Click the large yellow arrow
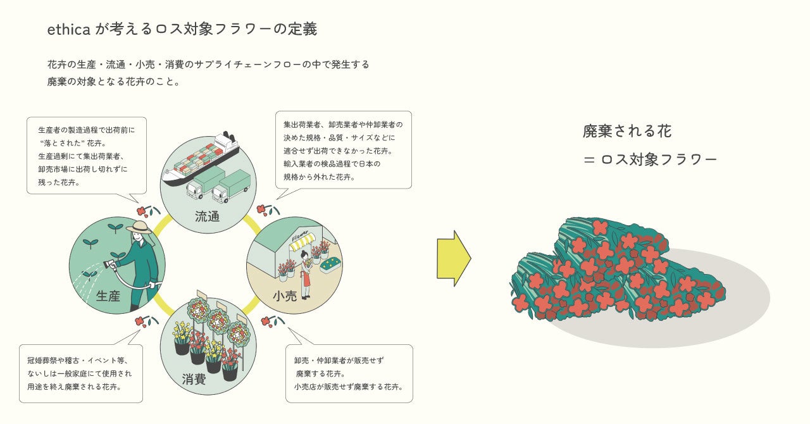pyautogui.click(x=453, y=258)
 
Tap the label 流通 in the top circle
pyautogui.click(x=207, y=216)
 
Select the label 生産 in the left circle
pyautogui.click(x=108, y=296)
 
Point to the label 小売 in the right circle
pyautogui.click(x=285, y=296)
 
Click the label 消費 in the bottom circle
pyautogui.click(x=194, y=379)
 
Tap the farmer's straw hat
pyautogui.click(x=139, y=227)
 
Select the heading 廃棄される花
pyautogui.click(x=627, y=131)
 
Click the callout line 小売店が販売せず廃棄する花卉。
pyautogui.click(x=348, y=386)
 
